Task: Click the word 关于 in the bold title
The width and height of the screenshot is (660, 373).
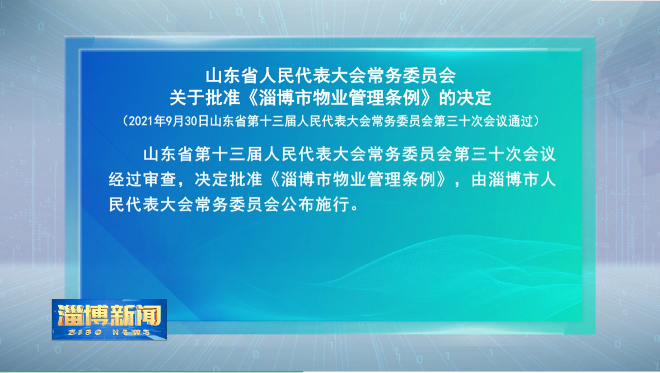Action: (187, 98)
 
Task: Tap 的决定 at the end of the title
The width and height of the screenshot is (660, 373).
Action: (466, 98)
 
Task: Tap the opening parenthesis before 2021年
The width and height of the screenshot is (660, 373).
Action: (125, 121)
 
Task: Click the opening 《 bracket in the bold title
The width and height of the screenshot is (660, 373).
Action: (250, 98)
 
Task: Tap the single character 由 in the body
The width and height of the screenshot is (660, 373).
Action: (479, 180)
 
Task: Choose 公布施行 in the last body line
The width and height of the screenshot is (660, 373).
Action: (315, 205)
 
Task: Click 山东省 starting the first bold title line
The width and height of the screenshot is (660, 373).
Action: (231, 75)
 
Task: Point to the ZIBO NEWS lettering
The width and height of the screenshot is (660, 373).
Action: (109, 332)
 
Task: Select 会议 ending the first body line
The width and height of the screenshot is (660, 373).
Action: (539, 154)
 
